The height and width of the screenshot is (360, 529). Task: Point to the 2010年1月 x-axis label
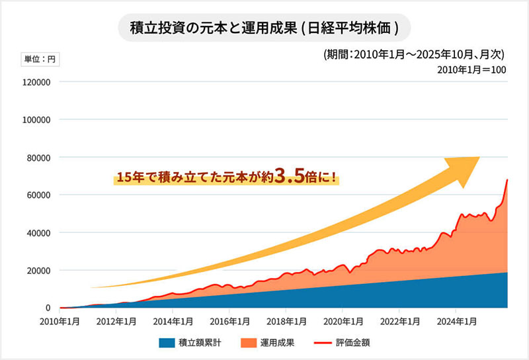pos(60,322)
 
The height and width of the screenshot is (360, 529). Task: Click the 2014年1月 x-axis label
pos(173,322)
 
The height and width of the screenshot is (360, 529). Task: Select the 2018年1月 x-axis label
pos(286,322)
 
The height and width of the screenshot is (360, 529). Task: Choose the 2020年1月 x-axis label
pos(342,322)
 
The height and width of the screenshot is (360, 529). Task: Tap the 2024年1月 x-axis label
pos(455,322)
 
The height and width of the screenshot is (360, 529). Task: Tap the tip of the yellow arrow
pos(479,159)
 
